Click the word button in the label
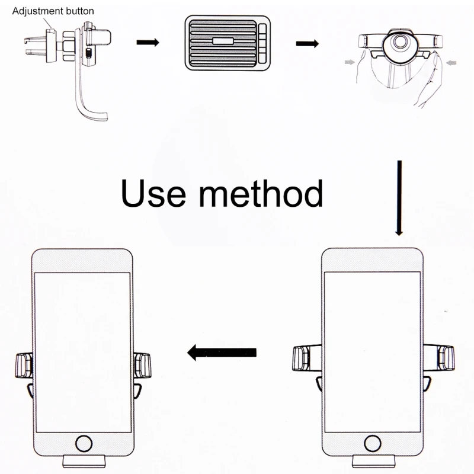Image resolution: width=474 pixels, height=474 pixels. (79, 11)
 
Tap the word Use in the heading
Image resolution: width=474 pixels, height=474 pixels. (153, 193)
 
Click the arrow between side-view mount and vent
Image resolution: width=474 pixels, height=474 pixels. (148, 43)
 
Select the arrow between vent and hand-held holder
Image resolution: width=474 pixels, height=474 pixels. (307, 43)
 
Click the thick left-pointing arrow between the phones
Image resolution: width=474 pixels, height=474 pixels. (222, 353)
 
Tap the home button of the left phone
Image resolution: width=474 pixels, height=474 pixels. (84, 444)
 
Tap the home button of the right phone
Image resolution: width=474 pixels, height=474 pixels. (373, 444)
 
